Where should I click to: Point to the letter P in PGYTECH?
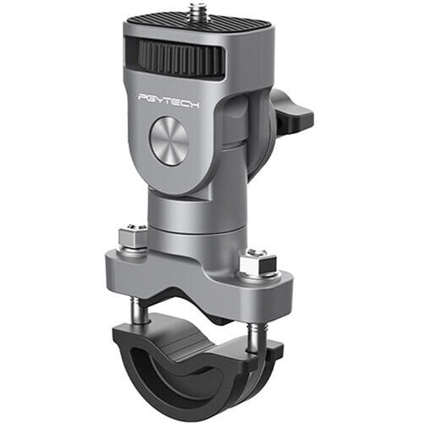coord(142,98)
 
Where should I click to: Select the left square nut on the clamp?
coord(132,239)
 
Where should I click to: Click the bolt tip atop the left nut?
coord(132,229)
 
